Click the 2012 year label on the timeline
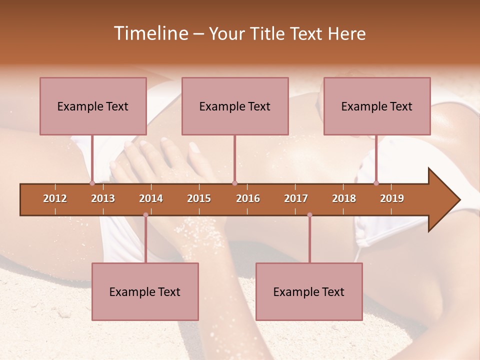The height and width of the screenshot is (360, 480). point(55,198)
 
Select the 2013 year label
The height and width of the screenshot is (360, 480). point(103,198)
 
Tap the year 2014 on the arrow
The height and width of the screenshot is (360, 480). point(151,198)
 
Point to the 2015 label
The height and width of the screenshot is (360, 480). point(199,198)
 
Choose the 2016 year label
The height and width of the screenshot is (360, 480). point(248,198)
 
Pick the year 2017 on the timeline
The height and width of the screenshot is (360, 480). point(296,198)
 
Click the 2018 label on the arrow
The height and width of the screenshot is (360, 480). point(344,198)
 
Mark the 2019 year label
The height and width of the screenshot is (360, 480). point(392,198)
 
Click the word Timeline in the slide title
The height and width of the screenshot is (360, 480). point(150,33)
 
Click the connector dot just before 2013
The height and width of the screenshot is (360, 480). point(92,183)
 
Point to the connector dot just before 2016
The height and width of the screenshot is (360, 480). point(234,183)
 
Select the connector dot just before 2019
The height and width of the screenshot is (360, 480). point(376,183)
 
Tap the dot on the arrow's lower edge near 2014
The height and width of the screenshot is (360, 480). point(145,215)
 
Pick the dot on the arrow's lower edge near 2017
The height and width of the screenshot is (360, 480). point(309,215)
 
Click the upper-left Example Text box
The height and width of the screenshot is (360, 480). point(93,106)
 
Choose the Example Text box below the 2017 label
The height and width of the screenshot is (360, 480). point(309,291)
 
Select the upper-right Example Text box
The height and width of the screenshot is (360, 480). point(377,106)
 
